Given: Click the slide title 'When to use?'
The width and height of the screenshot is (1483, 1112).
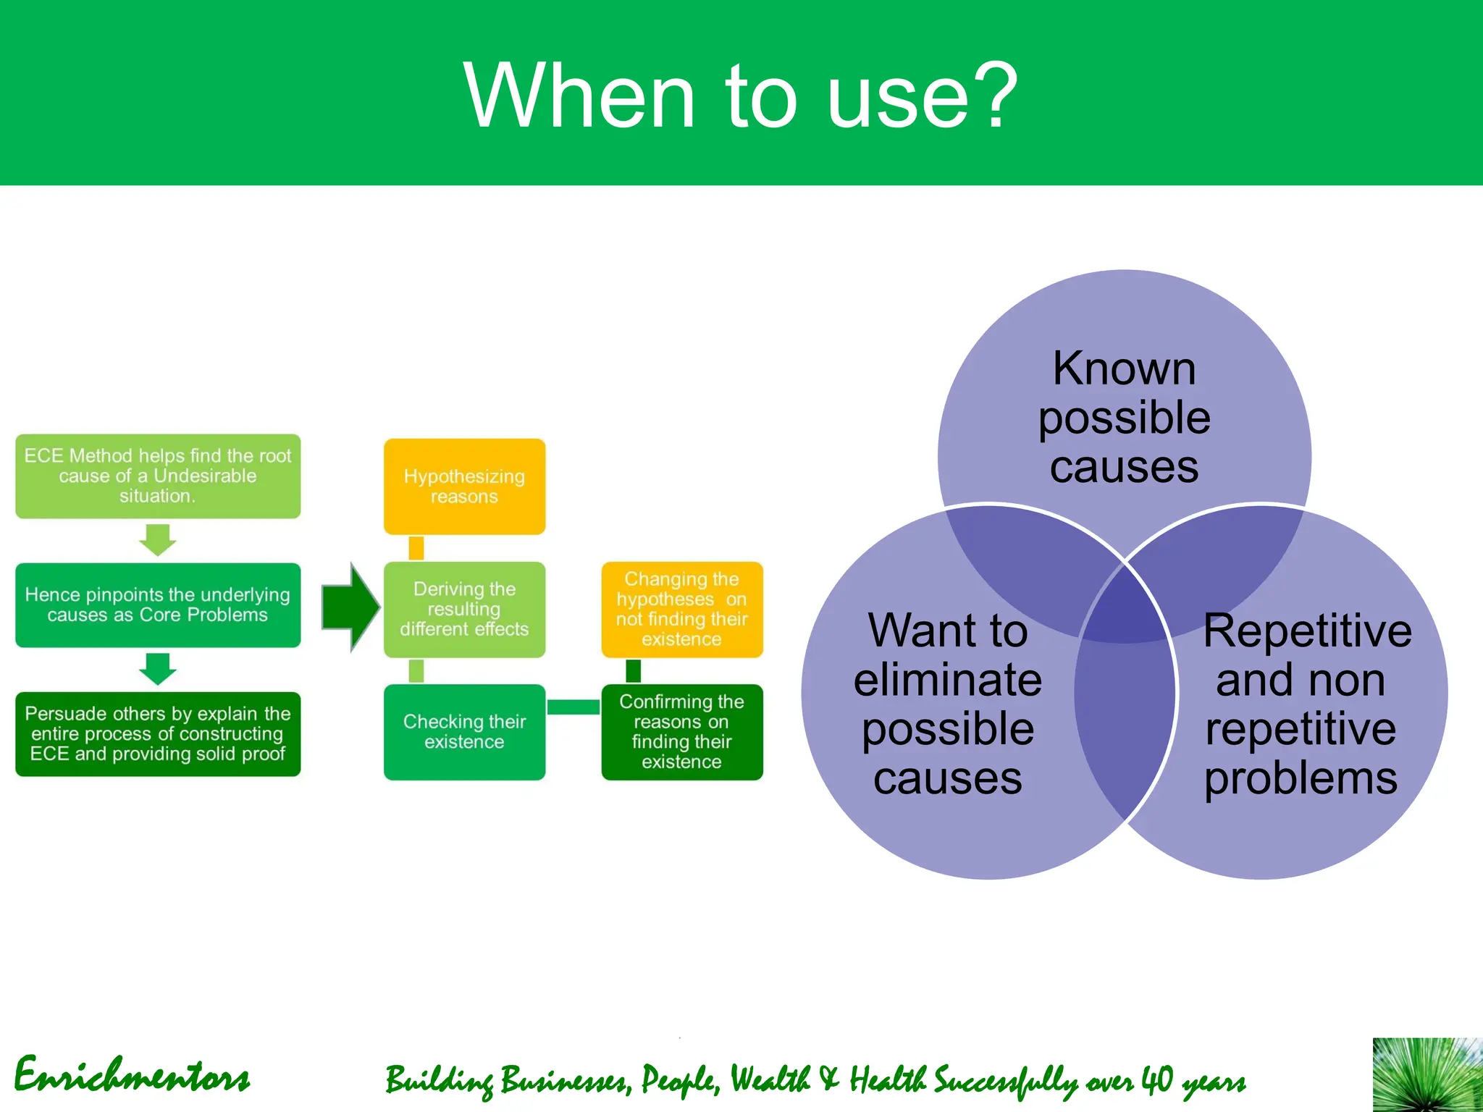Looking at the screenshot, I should pyautogui.click(x=740, y=96).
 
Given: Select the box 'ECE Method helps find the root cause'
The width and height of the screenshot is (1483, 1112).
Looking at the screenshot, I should pyautogui.click(x=158, y=476).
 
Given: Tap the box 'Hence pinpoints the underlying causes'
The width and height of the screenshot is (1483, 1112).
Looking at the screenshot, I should pyautogui.click(x=158, y=605).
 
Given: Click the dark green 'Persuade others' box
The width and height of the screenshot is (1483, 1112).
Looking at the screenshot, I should pyautogui.click(x=158, y=733).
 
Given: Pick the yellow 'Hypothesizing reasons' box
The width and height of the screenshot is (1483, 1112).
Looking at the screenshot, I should pyautogui.click(x=464, y=486).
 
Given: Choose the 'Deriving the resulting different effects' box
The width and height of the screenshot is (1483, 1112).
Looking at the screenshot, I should pyautogui.click(x=464, y=609).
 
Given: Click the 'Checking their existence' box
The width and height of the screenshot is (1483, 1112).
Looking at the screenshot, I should pyautogui.click(x=464, y=732).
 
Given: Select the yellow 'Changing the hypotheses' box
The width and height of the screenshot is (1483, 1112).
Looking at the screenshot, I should pyautogui.click(x=681, y=609).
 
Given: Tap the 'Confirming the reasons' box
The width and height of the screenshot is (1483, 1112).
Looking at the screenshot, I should pyautogui.click(x=681, y=732).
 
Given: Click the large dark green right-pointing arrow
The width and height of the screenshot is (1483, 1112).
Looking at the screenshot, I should pyautogui.click(x=350, y=607).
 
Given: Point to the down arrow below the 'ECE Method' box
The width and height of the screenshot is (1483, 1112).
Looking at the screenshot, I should pyautogui.click(x=158, y=540).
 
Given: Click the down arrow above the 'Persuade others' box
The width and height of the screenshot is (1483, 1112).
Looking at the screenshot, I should pyautogui.click(x=158, y=669).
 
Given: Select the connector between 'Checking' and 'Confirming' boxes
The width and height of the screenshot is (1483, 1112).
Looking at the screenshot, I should pyautogui.click(x=573, y=707).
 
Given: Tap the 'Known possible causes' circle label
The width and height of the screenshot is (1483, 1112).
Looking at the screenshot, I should pyautogui.click(x=1124, y=417).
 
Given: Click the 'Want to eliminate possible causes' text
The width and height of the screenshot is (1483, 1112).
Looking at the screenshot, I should pyautogui.click(x=948, y=704).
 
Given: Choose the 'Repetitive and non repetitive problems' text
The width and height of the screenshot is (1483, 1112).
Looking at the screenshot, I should pyautogui.click(x=1303, y=704).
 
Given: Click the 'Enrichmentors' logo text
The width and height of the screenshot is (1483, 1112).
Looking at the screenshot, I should pyautogui.click(x=132, y=1076).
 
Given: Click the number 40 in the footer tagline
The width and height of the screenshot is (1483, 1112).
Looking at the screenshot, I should pyautogui.click(x=1157, y=1080).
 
